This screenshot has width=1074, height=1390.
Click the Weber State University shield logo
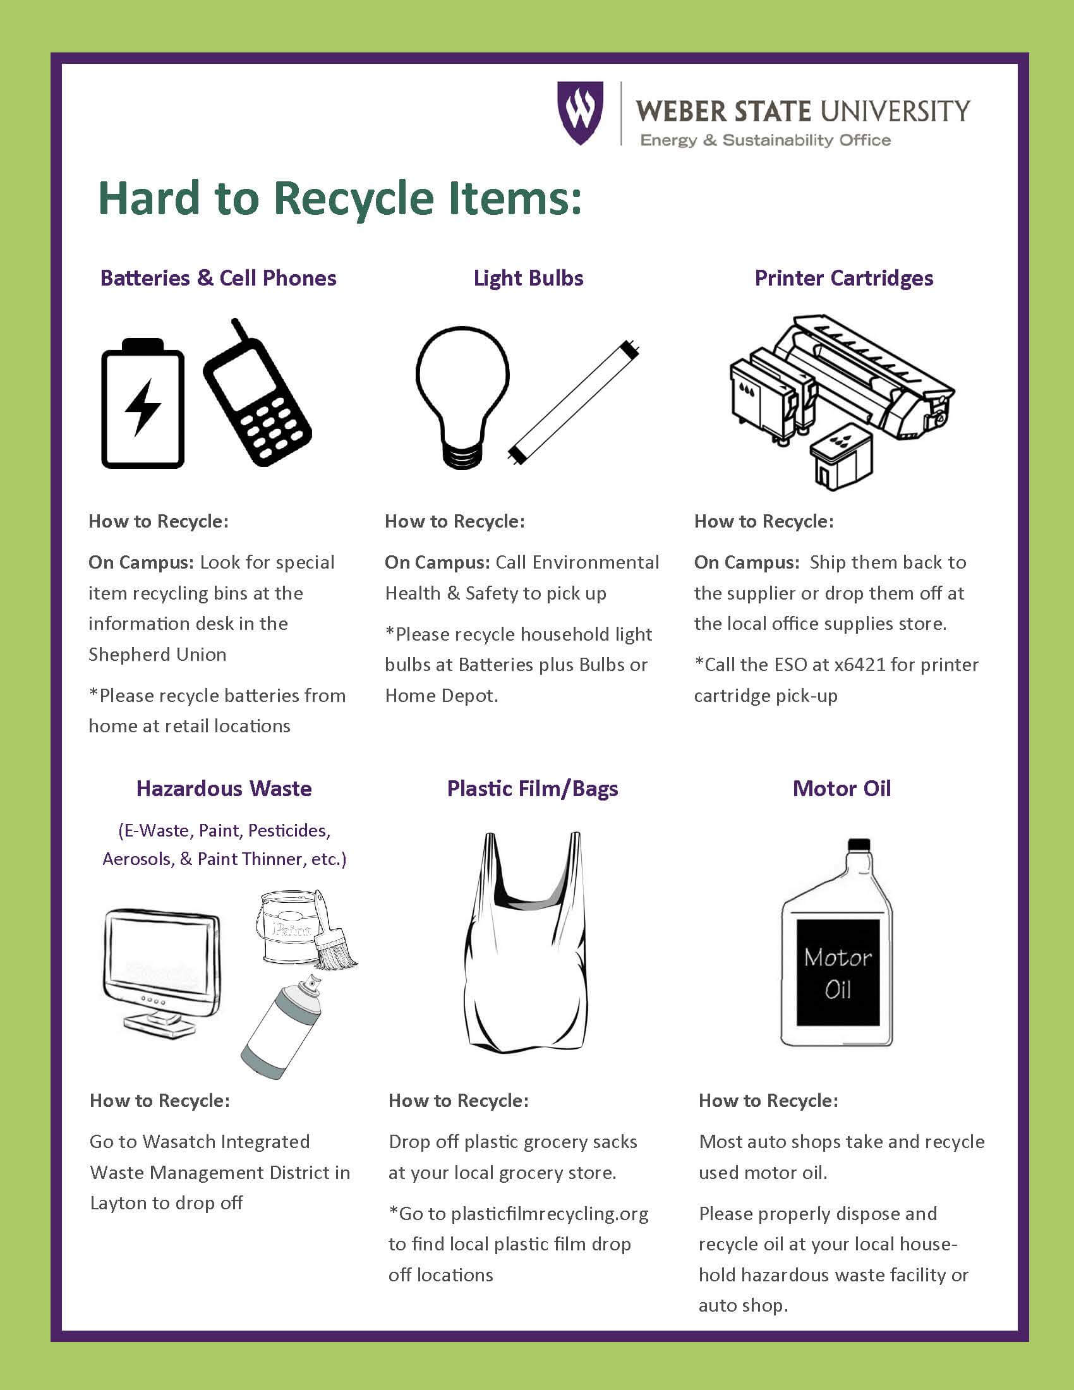click(579, 112)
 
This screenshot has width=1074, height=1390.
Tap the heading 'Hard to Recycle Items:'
click(340, 198)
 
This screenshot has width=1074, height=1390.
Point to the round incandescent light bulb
click(462, 395)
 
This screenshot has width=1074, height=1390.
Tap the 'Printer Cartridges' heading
click(843, 278)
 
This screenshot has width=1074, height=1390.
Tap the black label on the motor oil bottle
click(837, 972)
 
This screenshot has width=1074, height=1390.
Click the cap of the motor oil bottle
click(859, 845)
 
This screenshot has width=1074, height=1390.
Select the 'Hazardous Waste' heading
click(224, 789)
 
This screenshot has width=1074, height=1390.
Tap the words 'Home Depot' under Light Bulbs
click(440, 695)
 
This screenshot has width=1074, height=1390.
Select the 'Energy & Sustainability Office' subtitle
click(765, 140)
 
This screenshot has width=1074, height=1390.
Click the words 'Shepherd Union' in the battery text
click(157, 655)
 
